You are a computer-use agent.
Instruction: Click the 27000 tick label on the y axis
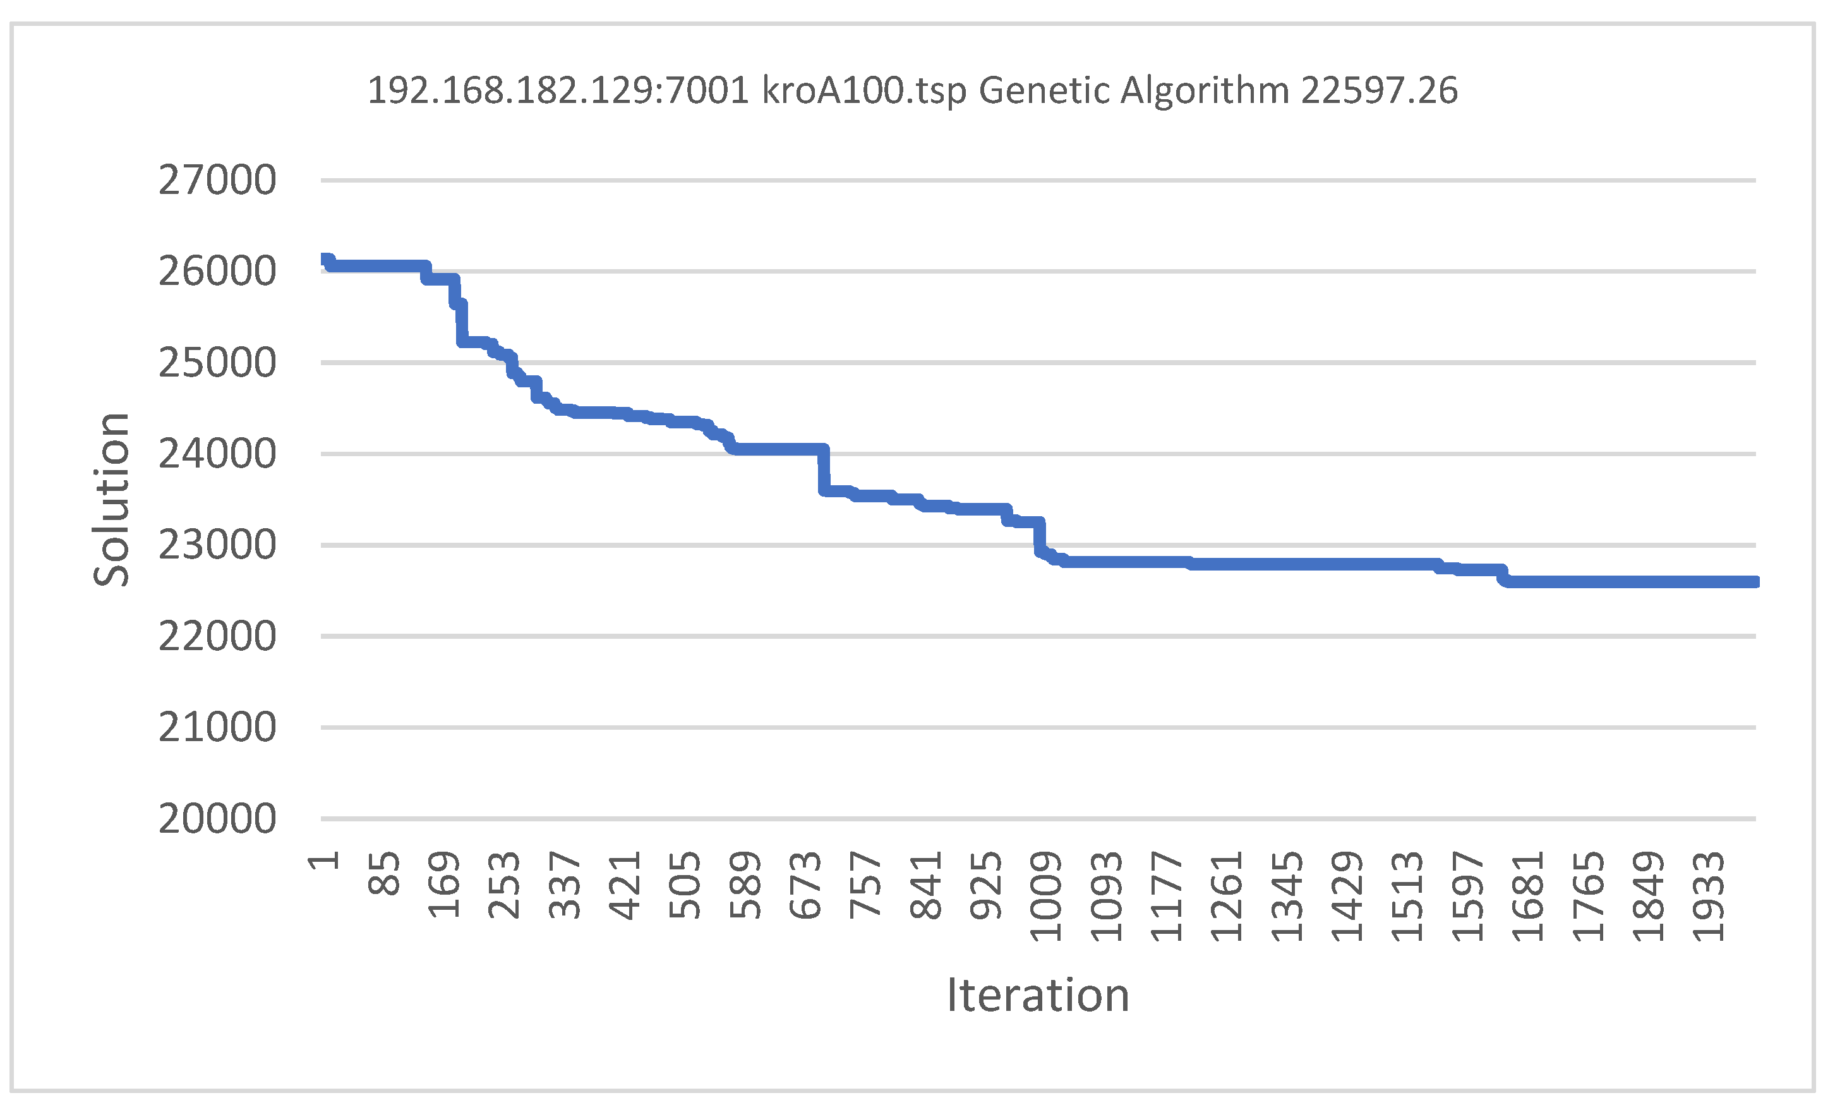217,180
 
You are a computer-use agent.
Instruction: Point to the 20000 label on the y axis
217,819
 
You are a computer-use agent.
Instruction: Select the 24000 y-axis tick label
217,454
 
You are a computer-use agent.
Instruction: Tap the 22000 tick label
217,636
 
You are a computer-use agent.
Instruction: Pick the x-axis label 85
384,874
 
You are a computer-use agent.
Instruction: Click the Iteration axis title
1037,996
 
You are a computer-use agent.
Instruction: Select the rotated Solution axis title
112,500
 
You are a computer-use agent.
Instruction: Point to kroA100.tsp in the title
864,91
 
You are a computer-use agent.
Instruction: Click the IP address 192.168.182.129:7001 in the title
558,91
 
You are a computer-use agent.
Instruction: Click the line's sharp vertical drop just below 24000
823,471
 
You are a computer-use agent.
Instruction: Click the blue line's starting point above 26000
324,258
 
